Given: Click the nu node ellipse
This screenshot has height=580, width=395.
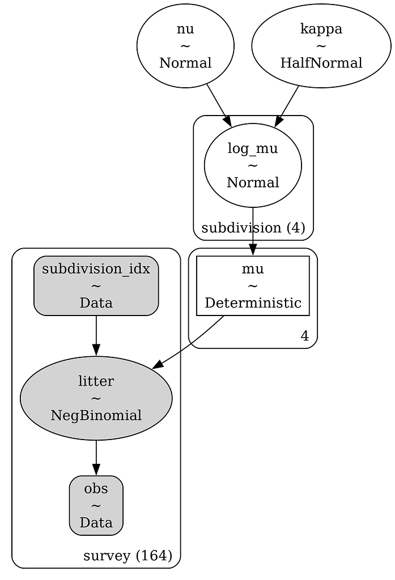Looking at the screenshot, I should (x=185, y=46).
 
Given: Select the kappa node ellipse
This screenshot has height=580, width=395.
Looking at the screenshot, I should (x=321, y=46).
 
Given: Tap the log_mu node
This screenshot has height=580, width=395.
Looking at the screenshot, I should (x=253, y=165).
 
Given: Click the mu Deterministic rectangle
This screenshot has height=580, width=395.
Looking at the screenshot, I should (x=253, y=285).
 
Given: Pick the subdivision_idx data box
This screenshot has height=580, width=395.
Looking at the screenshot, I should (x=96, y=285).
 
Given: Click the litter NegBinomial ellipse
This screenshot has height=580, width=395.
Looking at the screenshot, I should (x=96, y=398).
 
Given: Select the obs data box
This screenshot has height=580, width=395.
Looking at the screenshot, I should (x=96, y=505).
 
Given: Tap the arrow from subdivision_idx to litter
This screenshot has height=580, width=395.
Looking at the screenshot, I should (x=96, y=335).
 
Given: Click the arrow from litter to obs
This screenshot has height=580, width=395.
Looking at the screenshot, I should (x=96, y=457).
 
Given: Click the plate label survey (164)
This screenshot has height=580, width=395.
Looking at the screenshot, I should (x=128, y=556).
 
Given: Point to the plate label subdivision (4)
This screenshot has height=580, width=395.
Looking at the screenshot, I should (x=253, y=228).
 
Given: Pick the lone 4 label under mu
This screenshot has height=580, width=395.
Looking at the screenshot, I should (x=304, y=336).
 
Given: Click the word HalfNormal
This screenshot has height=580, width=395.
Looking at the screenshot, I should (x=321, y=63).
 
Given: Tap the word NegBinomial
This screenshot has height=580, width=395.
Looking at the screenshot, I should (x=96, y=415).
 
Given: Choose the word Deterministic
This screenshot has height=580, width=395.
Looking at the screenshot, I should (x=253, y=302).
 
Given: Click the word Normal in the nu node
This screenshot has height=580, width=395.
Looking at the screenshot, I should (x=185, y=63).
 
